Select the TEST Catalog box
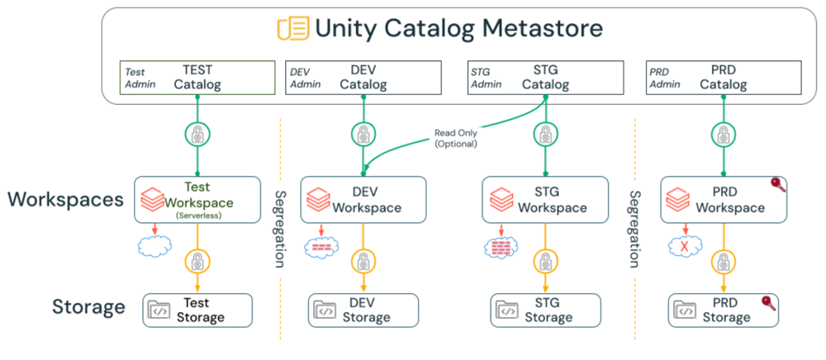(197, 78)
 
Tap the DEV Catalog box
(363, 78)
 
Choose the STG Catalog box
(545, 78)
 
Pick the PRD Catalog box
(724, 78)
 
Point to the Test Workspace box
(197, 198)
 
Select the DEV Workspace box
(363, 198)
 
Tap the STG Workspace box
(545, 198)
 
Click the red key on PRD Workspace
(776, 184)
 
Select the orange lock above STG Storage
(545, 263)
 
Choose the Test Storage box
(197, 310)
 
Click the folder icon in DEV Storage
(325, 310)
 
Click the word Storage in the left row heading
(88, 308)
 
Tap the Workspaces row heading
(66, 199)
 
